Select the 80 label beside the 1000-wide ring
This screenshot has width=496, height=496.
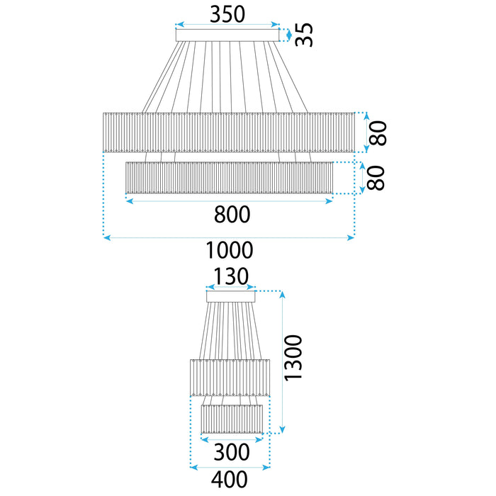coord(381,133)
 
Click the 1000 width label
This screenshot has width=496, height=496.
coord(229,249)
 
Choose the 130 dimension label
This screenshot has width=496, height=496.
coord(230,279)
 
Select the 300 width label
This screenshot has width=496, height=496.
coord(232,452)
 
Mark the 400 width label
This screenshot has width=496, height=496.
coord(230,480)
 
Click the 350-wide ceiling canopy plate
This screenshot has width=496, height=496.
coord(227,35)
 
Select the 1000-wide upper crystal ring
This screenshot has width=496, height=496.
coord(228,132)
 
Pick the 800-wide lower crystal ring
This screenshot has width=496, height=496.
coord(228,177)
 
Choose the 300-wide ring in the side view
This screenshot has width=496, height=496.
coord(232,419)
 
